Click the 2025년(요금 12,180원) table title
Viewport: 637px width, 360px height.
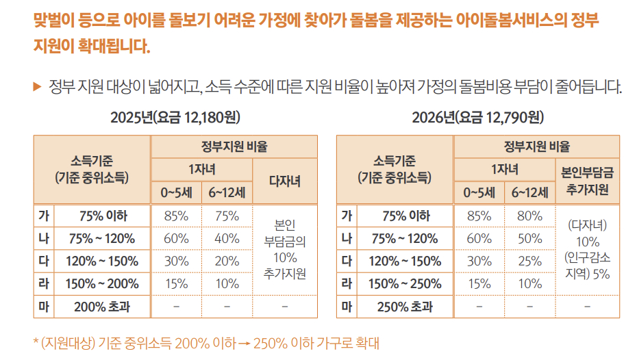pyautogui.click(x=175, y=117)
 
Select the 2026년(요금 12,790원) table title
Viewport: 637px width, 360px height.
pyautogui.click(x=477, y=117)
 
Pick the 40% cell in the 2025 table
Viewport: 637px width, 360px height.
pyautogui.click(x=227, y=239)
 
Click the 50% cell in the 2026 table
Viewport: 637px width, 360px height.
pyautogui.click(x=530, y=239)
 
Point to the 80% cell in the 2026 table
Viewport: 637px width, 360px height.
pyautogui.click(x=530, y=216)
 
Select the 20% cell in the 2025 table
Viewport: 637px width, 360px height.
pyautogui.click(x=227, y=261)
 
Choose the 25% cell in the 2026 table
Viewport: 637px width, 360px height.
pyautogui.click(x=530, y=261)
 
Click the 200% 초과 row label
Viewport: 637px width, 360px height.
pyautogui.click(x=102, y=307)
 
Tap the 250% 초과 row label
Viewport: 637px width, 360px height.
pyautogui.click(x=405, y=307)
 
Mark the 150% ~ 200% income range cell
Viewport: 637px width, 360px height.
pyautogui.click(x=102, y=283)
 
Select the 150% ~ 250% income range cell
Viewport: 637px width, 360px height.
pyautogui.click(x=405, y=283)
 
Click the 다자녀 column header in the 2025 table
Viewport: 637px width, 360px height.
pyautogui.click(x=285, y=181)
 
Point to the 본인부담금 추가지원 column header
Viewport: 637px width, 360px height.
pyautogui.click(x=587, y=181)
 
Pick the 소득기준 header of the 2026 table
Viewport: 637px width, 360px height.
pyautogui.click(x=395, y=169)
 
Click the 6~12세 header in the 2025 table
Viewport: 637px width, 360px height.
pyautogui.click(x=227, y=193)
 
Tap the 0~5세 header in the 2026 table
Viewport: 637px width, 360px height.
pyautogui.click(x=479, y=193)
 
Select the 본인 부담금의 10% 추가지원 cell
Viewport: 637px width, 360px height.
pyautogui.click(x=285, y=249)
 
